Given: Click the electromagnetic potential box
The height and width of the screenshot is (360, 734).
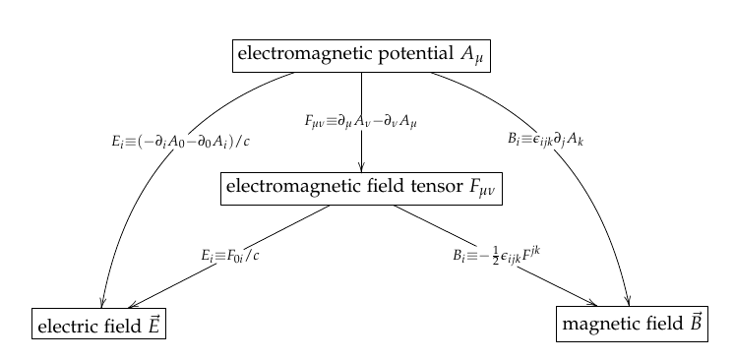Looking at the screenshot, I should pyautogui.click(x=361, y=54).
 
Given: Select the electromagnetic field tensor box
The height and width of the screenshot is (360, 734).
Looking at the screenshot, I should pyautogui.click(x=361, y=188).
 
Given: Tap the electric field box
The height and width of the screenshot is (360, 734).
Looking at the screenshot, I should pyautogui.click(x=97, y=324).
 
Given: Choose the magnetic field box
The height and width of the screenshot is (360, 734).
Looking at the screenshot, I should pyautogui.click(x=631, y=324).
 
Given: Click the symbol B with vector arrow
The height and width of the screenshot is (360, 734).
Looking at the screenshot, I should pyautogui.click(x=694, y=322).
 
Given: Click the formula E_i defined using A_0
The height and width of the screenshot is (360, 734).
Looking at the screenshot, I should pyautogui.click(x=181, y=140).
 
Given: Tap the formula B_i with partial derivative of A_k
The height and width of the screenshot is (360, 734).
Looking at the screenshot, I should pyautogui.click(x=546, y=140).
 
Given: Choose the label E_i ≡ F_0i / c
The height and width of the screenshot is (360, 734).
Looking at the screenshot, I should pyautogui.click(x=230, y=256).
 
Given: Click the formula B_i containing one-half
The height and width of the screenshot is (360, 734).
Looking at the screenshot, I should pyautogui.click(x=498, y=255).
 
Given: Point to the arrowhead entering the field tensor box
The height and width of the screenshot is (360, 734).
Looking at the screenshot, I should pyautogui.click(x=362, y=166).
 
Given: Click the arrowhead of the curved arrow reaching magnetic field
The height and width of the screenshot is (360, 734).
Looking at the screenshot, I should pyautogui.click(x=627, y=301).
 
